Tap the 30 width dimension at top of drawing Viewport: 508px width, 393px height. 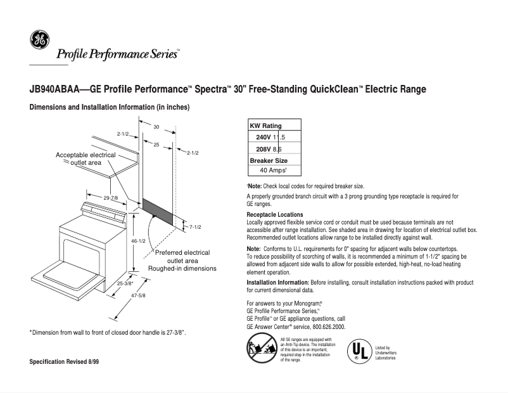[156, 127]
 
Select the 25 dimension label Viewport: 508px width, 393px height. [156, 145]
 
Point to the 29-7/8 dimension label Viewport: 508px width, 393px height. [110, 198]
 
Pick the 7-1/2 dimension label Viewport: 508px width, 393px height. [196, 226]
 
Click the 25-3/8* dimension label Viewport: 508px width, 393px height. [125, 283]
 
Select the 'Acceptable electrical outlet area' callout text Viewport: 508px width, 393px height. [86, 158]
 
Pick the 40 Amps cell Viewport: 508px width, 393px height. [274, 171]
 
